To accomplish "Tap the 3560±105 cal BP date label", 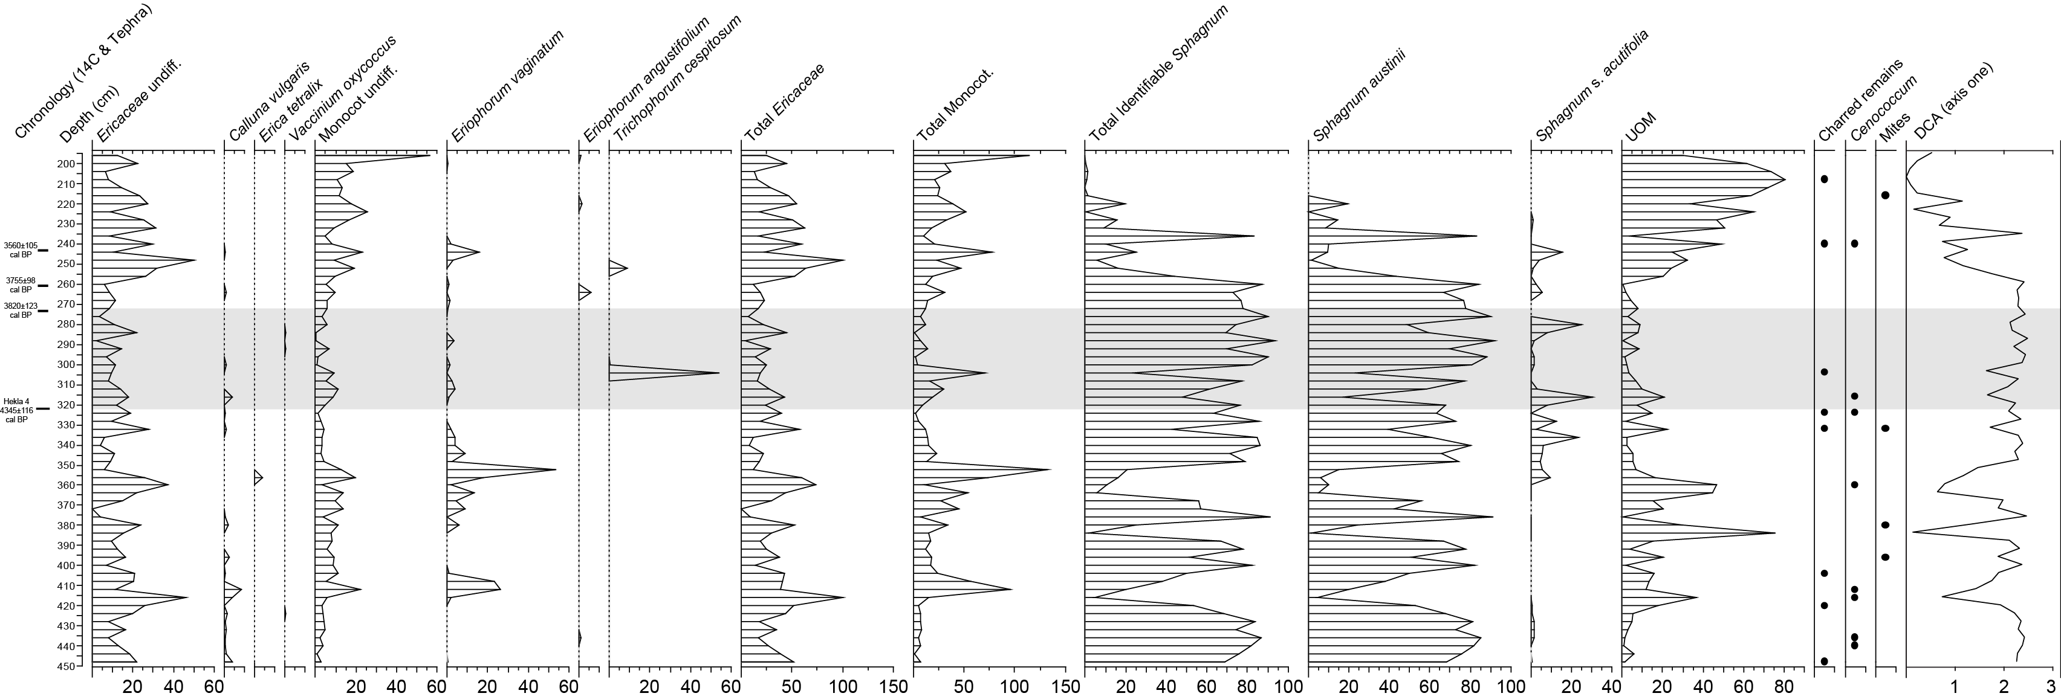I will (x=20, y=250).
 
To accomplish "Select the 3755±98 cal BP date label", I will (x=20, y=285).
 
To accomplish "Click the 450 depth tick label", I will (x=67, y=666).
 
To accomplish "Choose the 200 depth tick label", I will (x=67, y=164).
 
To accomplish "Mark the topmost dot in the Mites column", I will (x=1885, y=195).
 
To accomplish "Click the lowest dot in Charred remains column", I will (x=1824, y=660).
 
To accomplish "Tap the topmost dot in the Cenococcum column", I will (x=1855, y=243).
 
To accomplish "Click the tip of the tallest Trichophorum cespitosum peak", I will (x=718, y=373).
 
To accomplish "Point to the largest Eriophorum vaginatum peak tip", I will (x=555, y=469).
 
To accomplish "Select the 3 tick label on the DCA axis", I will (x=2050, y=686).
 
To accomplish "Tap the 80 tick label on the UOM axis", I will (x=1782, y=686).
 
